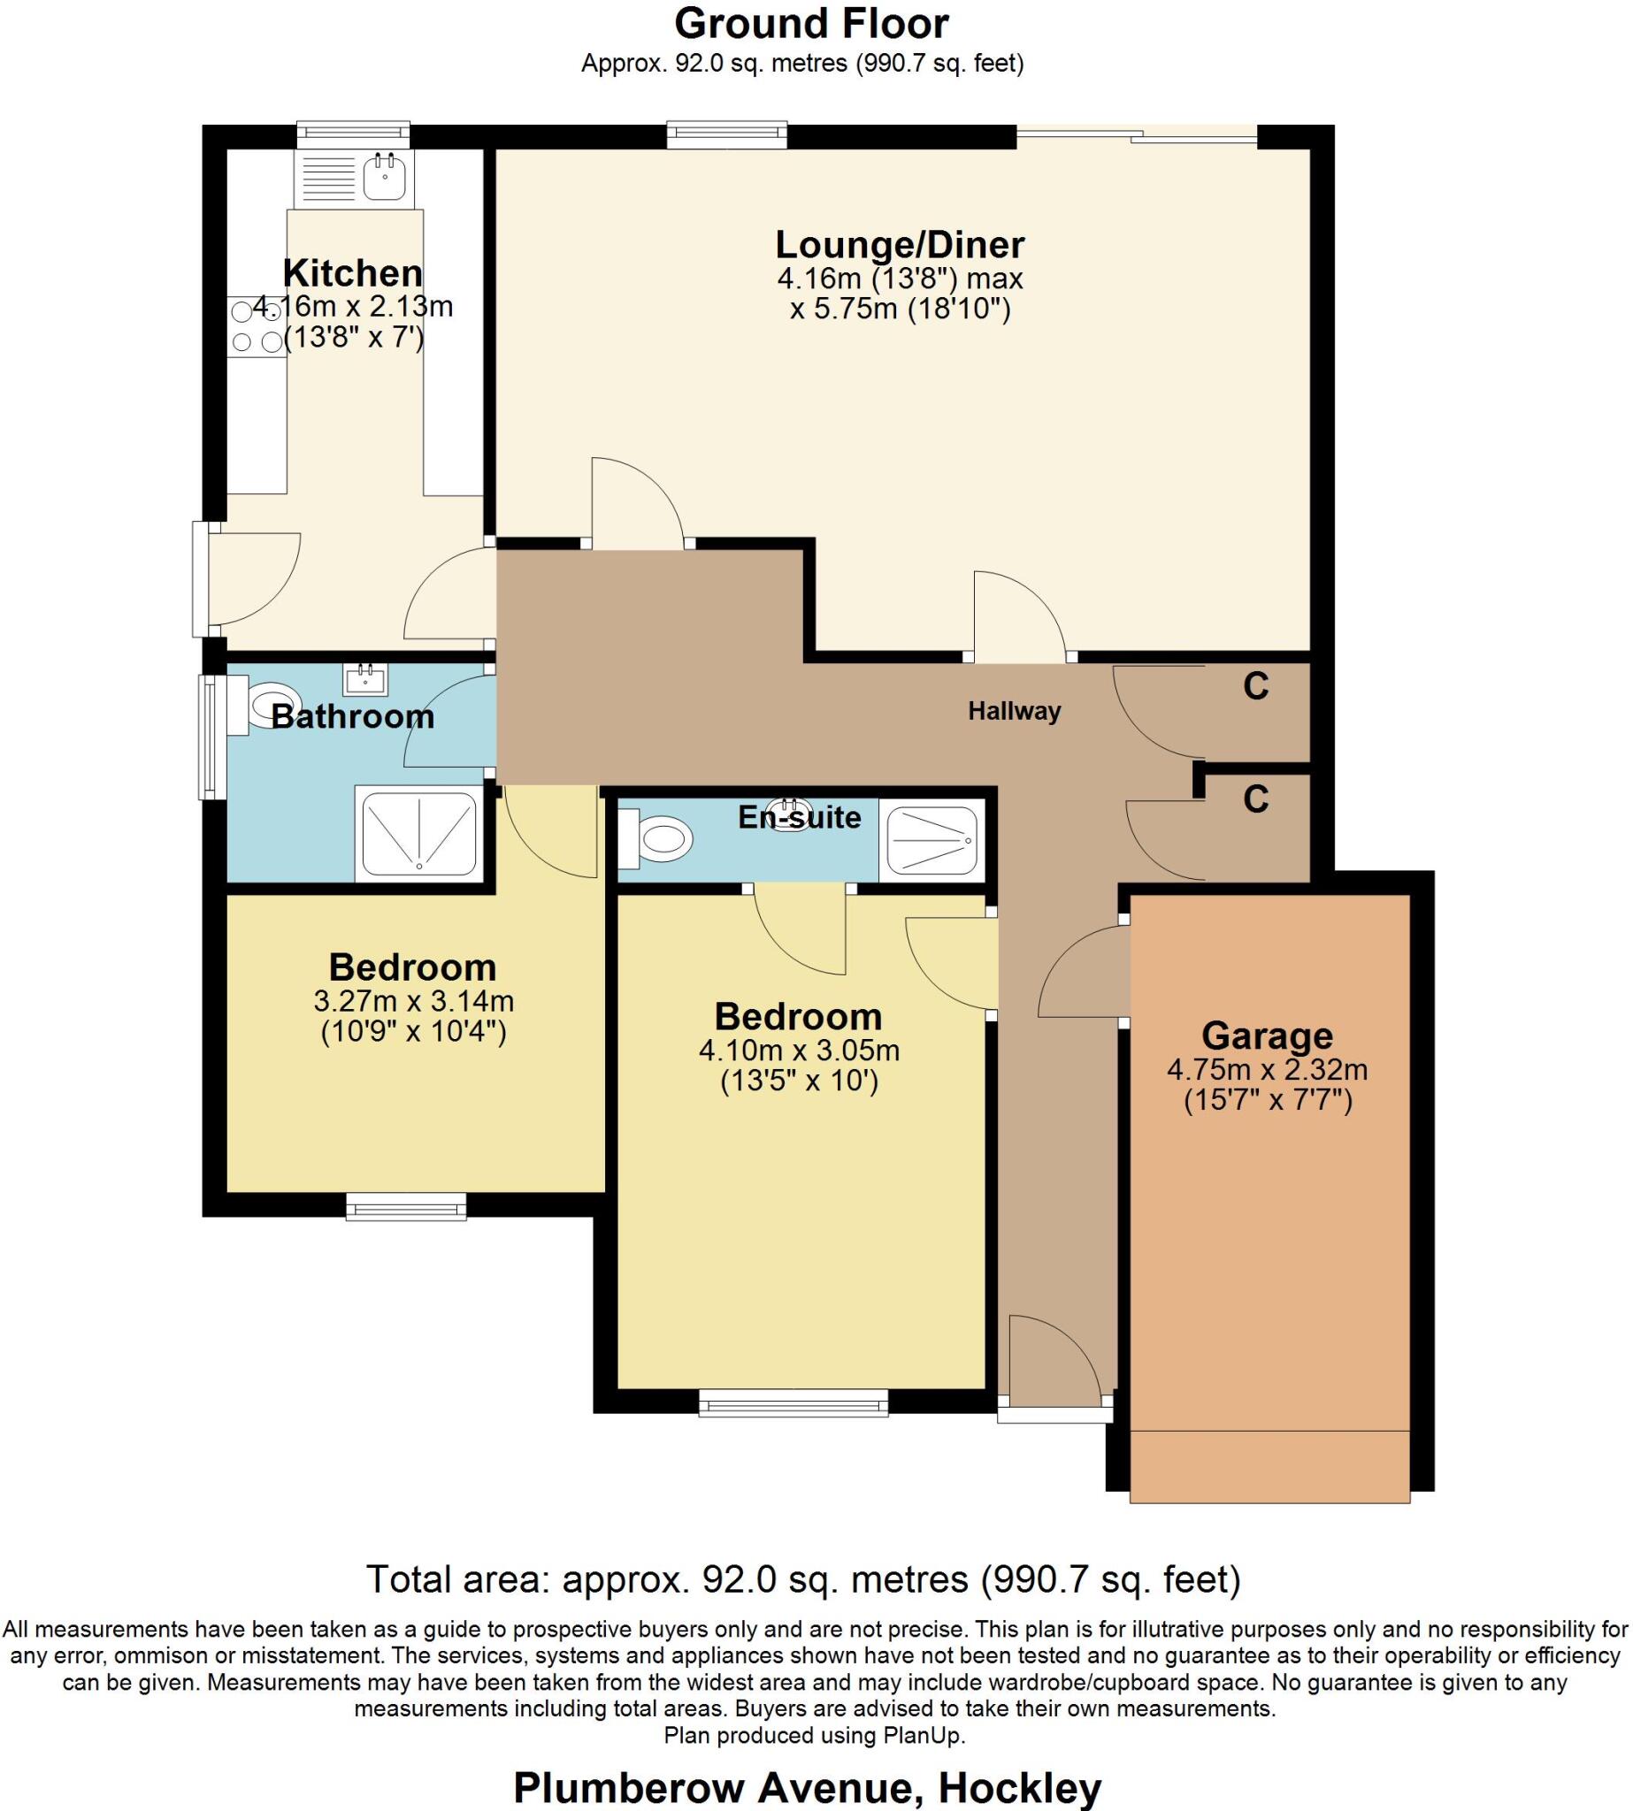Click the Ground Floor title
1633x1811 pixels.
[x=811, y=24]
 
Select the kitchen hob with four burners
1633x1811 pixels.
[x=257, y=326]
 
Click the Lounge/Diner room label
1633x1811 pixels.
[x=900, y=244]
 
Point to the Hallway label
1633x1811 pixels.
[x=1014, y=711]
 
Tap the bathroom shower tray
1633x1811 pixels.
[x=419, y=832]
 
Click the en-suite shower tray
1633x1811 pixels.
[x=931, y=838]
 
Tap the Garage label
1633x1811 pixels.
[x=1267, y=1036]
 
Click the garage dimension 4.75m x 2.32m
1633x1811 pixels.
[x=1267, y=1069]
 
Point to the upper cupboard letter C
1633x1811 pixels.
[x=1256, y=686]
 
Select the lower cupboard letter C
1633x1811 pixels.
[x=1256, y=799]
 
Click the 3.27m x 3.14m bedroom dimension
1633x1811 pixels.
[x=414, y=1000]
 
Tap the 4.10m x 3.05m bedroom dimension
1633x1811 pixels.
[x=800, y=1050]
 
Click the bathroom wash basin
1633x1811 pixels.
[x=365, y=678]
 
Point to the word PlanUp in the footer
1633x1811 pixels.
[x=924, y=1735]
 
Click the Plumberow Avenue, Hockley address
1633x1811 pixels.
[x=808, y=1787]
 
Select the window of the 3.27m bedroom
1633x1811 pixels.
[x=406, y=1206]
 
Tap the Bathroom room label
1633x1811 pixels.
[x=353, y=716]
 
